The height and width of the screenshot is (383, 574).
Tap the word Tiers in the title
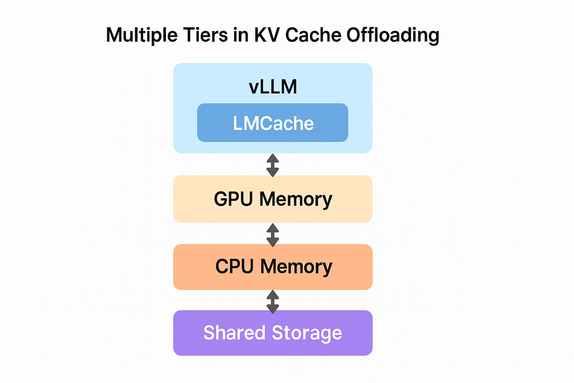pyautogui.click(x=205, y=35)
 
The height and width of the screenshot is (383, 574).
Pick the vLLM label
pyautogui.click(x=273, y=87)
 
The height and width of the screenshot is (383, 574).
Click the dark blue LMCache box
pyautogui.click(x=273, y=123)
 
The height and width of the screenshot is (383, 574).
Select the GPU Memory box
pyautogui.click(x=273, y=199)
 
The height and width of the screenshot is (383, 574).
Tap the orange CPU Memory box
pyautogui.click(x=273, y=267)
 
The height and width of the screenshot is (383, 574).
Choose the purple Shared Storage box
pyautogui.click(x=273, y=333)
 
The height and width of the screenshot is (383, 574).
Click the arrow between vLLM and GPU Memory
pyautogui.click(x=273, y=165)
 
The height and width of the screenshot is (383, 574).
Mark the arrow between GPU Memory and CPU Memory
pyautogui.click(x=273, y=235)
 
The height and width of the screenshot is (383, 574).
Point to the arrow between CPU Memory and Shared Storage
pyautogui.click(x=273, y=301)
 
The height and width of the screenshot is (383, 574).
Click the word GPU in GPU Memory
pyautogui.click(x=234, y=199)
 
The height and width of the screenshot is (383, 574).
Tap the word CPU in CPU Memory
pyautogui.click(x=234, y=267)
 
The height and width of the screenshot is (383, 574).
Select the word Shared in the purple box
pyautogui.click(x=234, y=333)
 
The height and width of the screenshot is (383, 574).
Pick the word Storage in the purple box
pyautogui.click(x=307, y=333)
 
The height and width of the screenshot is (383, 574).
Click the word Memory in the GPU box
pyautogui.click(x=296, y=199)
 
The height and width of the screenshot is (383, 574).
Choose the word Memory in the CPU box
pyautogui.click(x=296, y=267)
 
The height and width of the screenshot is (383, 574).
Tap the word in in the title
pyautogui.click(x=241, y=35)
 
